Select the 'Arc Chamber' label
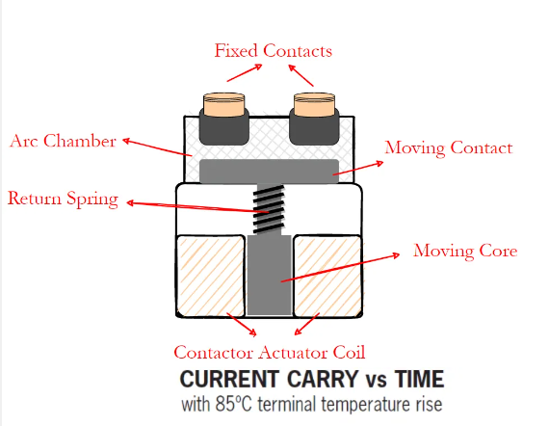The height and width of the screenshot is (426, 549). pos(64,141)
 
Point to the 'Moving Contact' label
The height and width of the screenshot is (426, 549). pos(448,147)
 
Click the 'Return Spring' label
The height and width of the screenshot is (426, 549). pos(63,200)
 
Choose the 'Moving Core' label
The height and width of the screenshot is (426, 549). pos(465,251)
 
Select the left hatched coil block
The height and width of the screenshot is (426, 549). pos(211,276)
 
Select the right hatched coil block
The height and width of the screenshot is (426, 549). pos(330,276)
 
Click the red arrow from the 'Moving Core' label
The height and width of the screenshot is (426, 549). pos(342,267)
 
